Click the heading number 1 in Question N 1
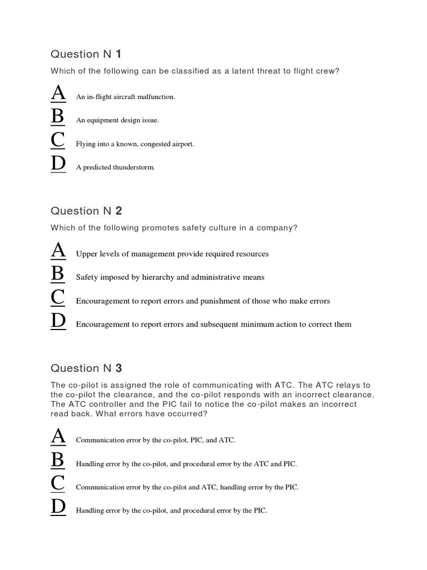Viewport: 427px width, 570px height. click(118, 54)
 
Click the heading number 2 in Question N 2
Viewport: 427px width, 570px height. click(118, 211)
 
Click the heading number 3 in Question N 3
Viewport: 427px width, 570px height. click(118, 368)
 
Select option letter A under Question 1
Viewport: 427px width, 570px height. click(58, 94)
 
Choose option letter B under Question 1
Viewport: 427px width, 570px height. click(58, 117)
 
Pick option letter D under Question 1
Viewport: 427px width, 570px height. click(58, 164)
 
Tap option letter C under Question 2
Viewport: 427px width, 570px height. click(58, 298)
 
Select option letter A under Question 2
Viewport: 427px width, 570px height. click(58, 251)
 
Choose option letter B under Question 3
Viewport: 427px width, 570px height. click(58, 460)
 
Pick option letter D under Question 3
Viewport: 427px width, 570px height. click(58, 507)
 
